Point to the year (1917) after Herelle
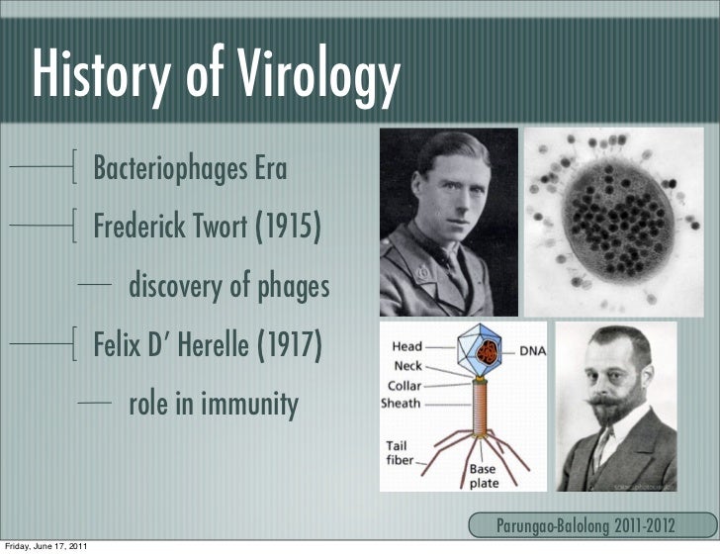click(x=289, y=347)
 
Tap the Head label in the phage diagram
click(x=407, y=347)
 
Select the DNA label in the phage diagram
click(x=531, y=350)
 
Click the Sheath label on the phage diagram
click(x=402, y=404)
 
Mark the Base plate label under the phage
click(x=484, y=476)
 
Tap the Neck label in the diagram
click(x=407, y=366)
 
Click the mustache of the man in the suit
click(x=611, y=405)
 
